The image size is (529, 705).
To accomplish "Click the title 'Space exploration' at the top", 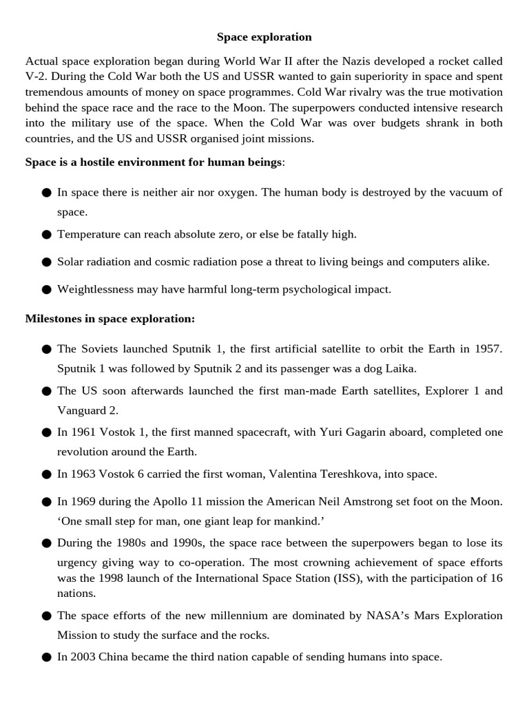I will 264,36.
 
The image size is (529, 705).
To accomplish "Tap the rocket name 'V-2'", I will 36,76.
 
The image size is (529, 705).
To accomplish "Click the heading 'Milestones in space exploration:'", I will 110,319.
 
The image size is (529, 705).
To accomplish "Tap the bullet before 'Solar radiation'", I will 47,262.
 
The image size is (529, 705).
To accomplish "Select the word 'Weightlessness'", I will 95,289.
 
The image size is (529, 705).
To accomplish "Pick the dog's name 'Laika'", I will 400,368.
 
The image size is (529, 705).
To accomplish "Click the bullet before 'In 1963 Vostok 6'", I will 47,474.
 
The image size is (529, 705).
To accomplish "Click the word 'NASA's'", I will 389,615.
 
